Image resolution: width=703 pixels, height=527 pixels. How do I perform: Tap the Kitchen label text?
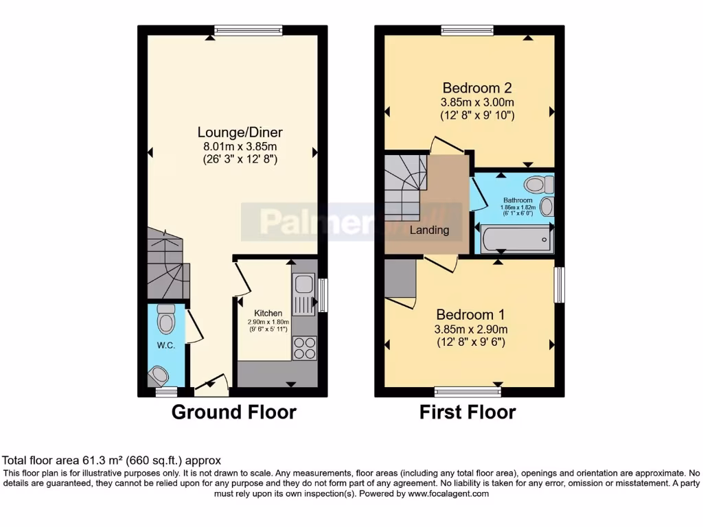(x=268, y=314)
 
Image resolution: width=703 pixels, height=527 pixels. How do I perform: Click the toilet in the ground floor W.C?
(x=166, y=319)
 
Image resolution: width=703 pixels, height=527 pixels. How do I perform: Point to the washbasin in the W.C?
(x=159, y=375)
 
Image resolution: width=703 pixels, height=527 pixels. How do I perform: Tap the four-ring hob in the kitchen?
(x=304, y=348)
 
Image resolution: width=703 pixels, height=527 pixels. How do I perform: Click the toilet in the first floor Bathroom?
(x=538, y=184)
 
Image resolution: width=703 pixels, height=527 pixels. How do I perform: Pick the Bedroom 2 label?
(x=477, y=88)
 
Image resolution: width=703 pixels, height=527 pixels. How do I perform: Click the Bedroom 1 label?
(x=471, y=315)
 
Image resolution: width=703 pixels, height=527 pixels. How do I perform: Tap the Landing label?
(x=429, y=230)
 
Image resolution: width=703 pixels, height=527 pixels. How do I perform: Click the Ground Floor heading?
(x=233, y=412)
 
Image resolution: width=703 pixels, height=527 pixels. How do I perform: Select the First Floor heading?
(x=468, y=412)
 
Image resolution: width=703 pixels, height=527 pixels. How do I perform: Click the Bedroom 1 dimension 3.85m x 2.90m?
(x=471, y=329)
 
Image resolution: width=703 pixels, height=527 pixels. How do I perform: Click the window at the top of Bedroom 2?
(x=467, y=30)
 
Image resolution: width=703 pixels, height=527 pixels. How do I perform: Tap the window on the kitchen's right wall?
(x=323, y=294)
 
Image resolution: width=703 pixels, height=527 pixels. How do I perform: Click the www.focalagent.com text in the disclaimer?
(x=448, y=493)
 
